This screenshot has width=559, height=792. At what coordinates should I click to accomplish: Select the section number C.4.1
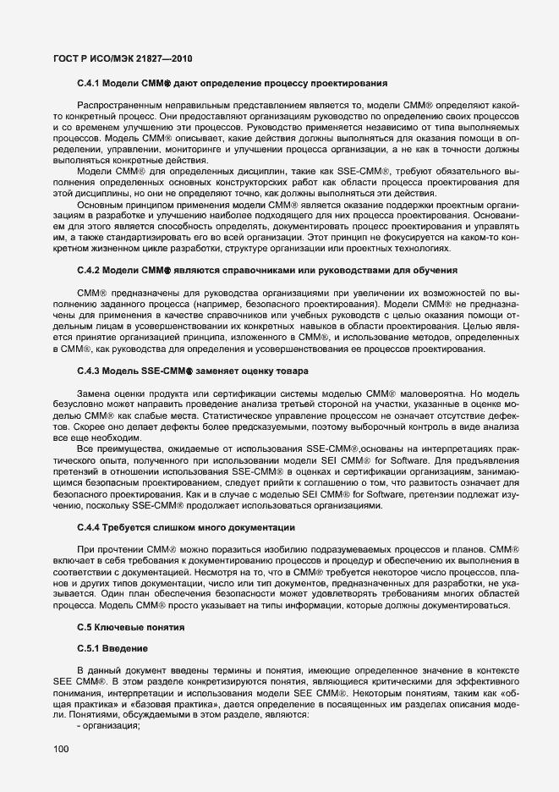click(x=90, y=83)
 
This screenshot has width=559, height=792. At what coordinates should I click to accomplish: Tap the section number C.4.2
click(x=90, y=269)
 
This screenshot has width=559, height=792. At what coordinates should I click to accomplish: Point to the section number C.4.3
click(x=90, y=371)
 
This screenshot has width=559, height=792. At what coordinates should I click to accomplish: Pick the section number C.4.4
click(x=90, y=527)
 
